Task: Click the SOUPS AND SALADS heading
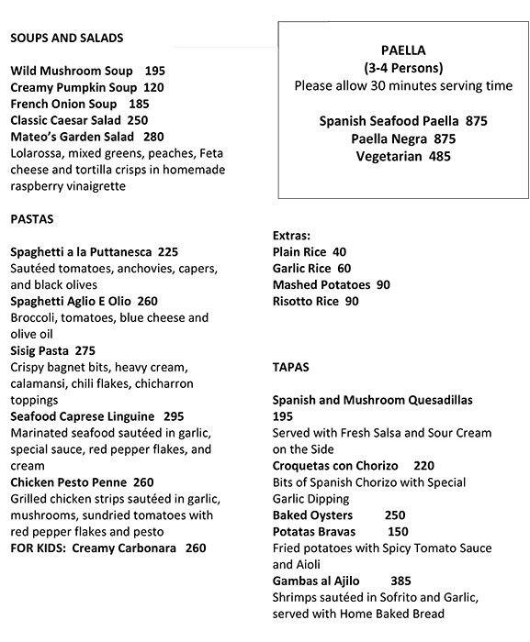(67, 38)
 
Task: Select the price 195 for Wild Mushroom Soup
(154, 71)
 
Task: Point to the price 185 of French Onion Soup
(139, 104)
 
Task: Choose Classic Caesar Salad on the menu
(66, 120)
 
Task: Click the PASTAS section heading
(32, 219)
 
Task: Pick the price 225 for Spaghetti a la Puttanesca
(168, 251)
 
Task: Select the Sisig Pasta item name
(40, 350)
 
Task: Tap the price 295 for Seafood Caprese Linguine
(174, 416)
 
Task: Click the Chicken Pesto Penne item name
(68, 482)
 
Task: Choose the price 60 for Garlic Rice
(344, 268)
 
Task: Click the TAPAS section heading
(291, 367)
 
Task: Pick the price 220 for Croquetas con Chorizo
(424, 466)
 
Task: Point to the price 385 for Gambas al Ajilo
(400, 581)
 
